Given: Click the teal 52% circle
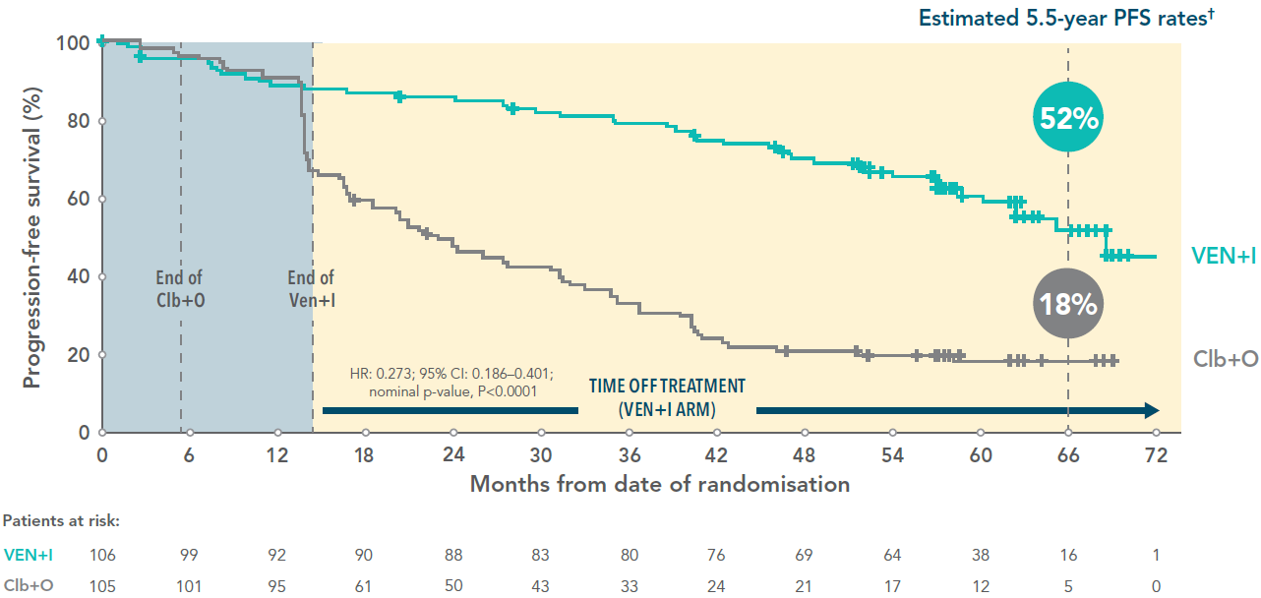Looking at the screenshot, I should click(1068, 118).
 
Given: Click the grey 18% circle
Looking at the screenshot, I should click(1068, 304).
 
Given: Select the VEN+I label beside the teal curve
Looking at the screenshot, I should click(1224, 256).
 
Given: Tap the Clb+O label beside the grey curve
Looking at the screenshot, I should click(1226, 359).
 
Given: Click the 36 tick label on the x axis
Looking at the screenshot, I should click(629, 456).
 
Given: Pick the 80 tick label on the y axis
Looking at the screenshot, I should click(80, 121).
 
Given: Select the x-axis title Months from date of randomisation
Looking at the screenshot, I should click(659, 484).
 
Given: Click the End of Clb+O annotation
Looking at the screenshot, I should click(179, 289).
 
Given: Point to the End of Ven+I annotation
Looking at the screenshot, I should click(311, 289).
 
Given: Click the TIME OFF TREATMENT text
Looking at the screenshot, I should click(667, 396).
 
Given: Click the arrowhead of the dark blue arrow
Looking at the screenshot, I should click(1151, 410).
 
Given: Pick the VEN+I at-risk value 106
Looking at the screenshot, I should click(102, 555).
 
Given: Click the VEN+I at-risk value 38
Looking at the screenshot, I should click(980, 555).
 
